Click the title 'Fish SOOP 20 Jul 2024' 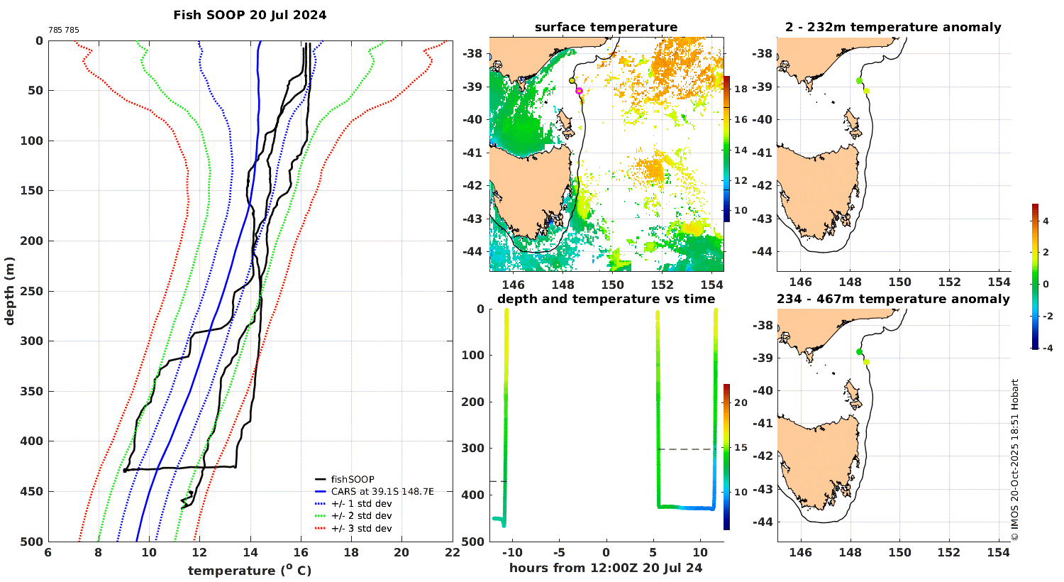pos(250,15)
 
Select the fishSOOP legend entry pos(353,479)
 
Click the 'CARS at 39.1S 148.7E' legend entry pos(382,491)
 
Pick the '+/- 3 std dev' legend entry pos(361,528)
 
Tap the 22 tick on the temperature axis pos(452,553)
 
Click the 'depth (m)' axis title pos(10,290)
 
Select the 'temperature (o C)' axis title pos(250,570)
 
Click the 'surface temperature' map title pos(606,28)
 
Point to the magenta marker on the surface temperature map pos(580,91)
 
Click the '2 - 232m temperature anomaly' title pos(893,28)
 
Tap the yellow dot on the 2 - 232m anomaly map pos(866,90)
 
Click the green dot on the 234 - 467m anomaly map pos(859,351)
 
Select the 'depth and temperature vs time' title pos(606,299)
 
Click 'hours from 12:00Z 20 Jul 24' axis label pos(606,567)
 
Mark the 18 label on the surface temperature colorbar pos(741,89)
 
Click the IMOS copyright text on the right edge pos(1014,459)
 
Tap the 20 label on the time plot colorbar pos(741,402)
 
